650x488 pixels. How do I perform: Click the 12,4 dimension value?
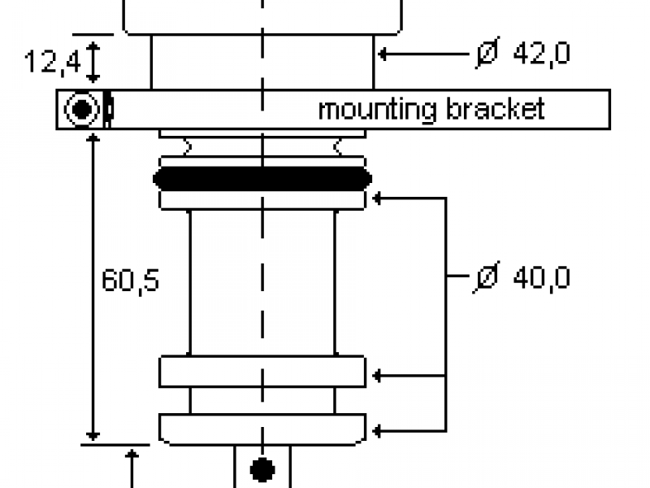click(53, 62)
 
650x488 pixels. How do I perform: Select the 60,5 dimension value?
click(130, 281)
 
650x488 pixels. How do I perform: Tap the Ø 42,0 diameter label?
click(522, 53)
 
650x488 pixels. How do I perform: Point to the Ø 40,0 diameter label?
click(521, 277)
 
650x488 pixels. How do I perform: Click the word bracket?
click(496, 109)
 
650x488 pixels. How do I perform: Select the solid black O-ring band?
click(262, 179)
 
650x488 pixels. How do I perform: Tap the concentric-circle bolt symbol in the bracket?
click(82, 109)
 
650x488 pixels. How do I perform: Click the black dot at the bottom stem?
click(262, 470)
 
